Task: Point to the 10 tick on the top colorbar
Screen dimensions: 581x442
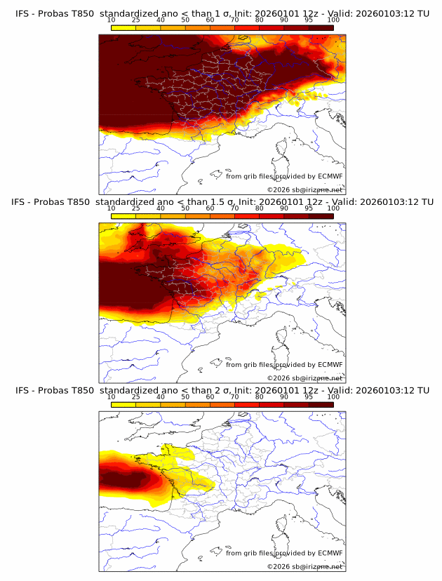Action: pos(112,20)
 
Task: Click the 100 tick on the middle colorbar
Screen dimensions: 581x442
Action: pos(333,208)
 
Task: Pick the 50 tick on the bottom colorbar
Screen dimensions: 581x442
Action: pos(185,397)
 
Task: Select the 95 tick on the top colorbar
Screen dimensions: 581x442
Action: pos(309,20)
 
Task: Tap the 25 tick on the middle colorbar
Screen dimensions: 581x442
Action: pos(136,208)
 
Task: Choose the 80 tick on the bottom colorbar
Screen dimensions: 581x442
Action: pos(260,397)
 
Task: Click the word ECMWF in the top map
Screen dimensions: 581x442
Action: pos(330,176)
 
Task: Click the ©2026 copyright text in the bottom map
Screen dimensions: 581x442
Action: pos(279,566)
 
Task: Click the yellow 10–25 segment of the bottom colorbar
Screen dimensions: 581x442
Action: pos(123,403)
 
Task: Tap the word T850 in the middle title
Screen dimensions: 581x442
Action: pos(82,202)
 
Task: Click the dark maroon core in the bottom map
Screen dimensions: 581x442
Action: pos(123,481)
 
